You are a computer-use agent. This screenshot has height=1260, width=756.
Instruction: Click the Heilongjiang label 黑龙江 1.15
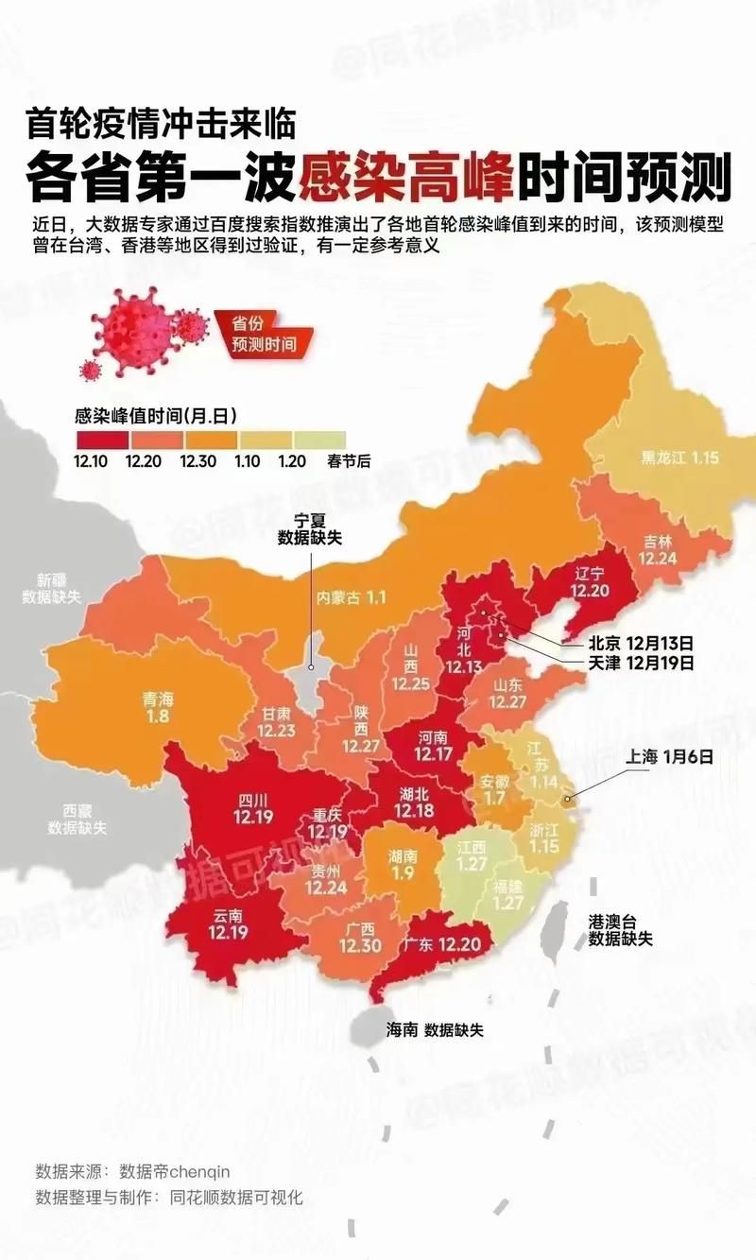pyautogui.click(x=680, y=457)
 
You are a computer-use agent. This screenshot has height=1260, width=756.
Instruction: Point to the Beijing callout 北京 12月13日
pyautogui.click(x=641, y=642)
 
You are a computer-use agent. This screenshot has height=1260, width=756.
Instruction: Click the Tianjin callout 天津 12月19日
pyautogui.click(x=641, y=663)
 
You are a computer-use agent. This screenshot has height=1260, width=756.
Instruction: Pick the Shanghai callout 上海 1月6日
pyautogui.click(x=667, y=756)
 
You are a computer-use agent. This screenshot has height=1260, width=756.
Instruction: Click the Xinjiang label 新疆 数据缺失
pyautogui.click(x=54, y=588)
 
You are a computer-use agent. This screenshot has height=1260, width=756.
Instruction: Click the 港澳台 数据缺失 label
pyautogui.click(x=620, y=930)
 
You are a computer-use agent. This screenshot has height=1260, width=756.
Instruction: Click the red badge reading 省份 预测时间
pyautogui.click(x=263, y=332)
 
